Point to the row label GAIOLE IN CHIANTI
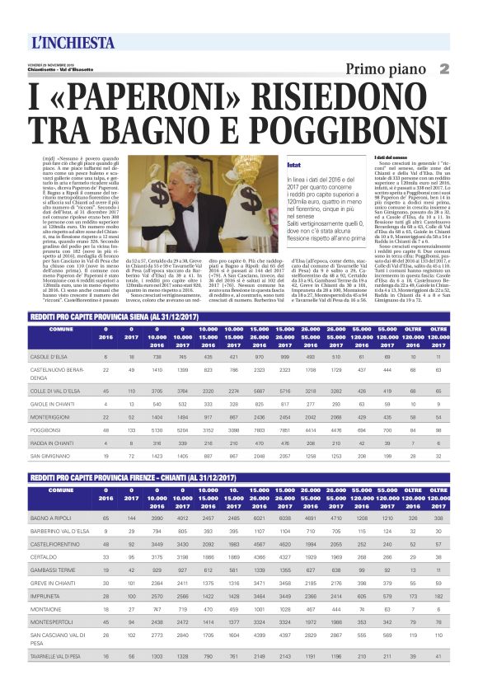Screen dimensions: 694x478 click(x=54, y=405)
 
